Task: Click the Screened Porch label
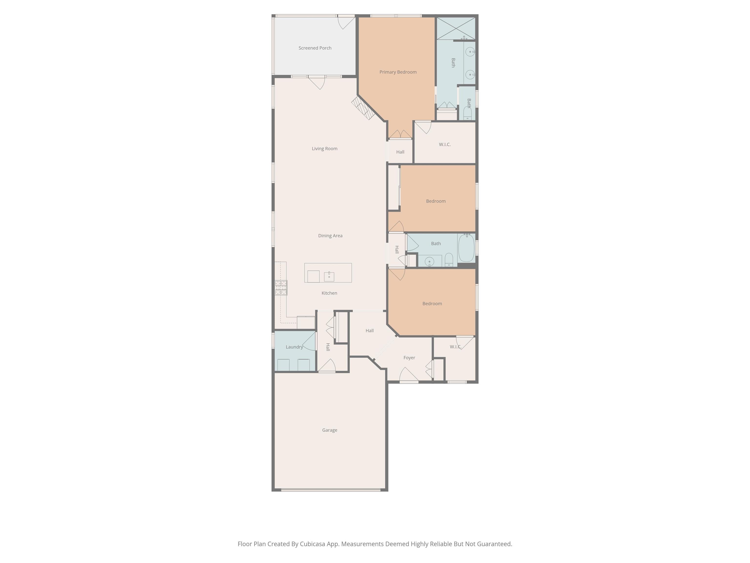315,48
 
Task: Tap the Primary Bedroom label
398,72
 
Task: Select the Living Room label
324,149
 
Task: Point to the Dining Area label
330,236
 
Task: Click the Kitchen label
329,293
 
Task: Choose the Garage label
330,430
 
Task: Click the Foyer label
409,358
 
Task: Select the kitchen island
328,273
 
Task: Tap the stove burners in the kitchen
281,287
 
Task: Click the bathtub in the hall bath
466,248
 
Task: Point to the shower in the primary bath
456,29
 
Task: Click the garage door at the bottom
331,490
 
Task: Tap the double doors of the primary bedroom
400,134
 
